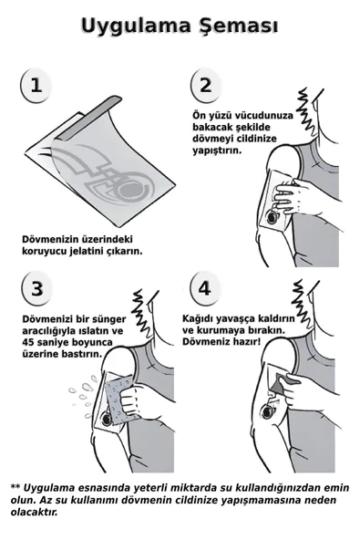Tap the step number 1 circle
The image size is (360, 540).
coord(36,86)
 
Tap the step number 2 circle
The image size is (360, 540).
coord(205,86)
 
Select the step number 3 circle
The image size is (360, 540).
coord(36,290)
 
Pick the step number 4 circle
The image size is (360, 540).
coord(204,289)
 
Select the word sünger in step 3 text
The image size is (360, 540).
coord(116,318)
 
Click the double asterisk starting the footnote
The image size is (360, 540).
coord(15,488)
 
